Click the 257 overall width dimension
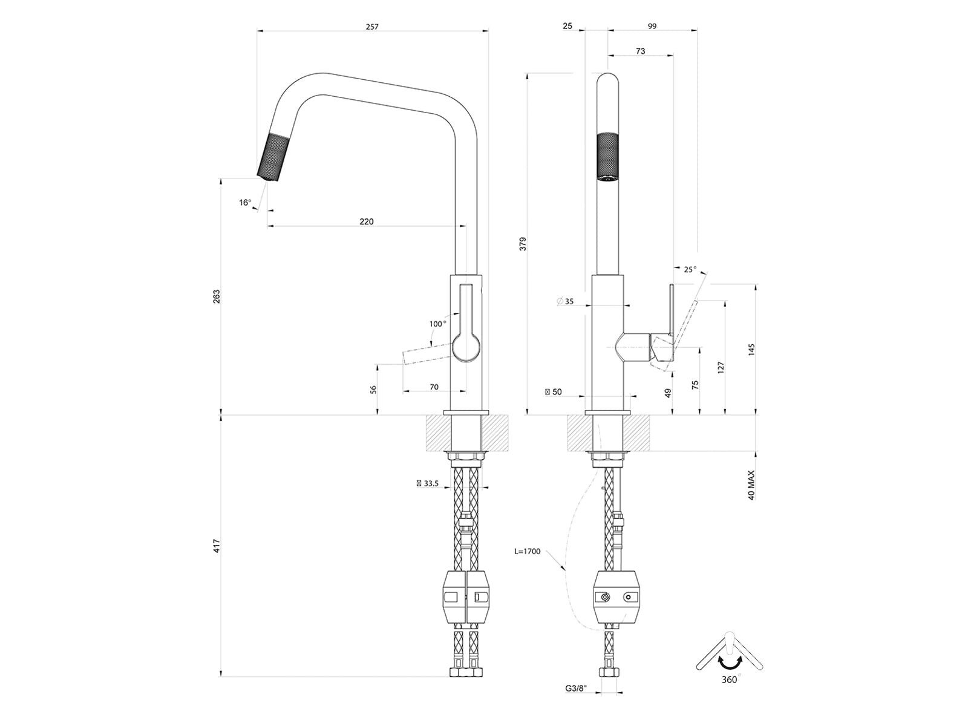pyautogui.click(x=371, y=27)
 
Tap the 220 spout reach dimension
pyautogui.click(x=366, y=221)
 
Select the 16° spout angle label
pyautogui.click(x=245, y=203)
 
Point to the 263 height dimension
pyautogui.click(x=216, y=296)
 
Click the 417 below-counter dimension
pyautogui.click(x=216, y=546)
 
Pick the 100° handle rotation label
pyautogui.click(x=437, y=324)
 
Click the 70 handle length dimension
pyautogui.click(x=434, y=387)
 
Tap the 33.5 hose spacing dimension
pyautogui.click(x=427, y=483)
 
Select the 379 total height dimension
pyautogui.click(x=523, y=244)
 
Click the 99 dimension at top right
pyautogui.click(x=652, y=27)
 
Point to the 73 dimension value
pyautogui.click(x=640, y=51)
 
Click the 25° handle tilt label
pyautogui.click(x=690, y=269)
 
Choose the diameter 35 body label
pyautogui.click(x=565, y=301)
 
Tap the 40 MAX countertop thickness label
pyautogui.click(x=751, y=485)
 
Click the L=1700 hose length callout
pyautogui.click(x=527, y=551)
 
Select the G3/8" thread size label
pyautogui.click(x=577, y=701)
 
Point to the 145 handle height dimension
pyautogui.click(x=751, y=350)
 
